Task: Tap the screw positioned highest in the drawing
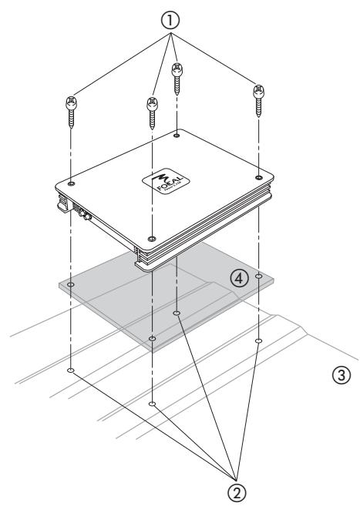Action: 177,77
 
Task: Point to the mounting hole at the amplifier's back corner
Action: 177,135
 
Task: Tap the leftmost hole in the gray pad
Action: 71,285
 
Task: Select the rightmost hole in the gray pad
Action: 258,275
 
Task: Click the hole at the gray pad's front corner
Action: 153,337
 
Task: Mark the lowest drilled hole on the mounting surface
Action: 153,403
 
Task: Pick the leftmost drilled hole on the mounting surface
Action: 71,370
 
